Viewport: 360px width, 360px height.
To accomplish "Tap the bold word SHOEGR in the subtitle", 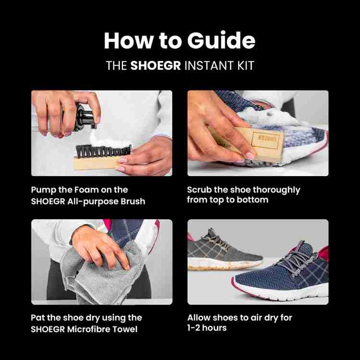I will tap(156, 66).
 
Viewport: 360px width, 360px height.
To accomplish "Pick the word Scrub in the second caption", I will tap(200, 190).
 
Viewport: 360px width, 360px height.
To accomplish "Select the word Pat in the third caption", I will tap(38, 318).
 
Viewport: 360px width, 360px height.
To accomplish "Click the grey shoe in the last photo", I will tap(218, 250).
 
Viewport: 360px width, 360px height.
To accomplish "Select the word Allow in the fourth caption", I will tap(199, 318).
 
